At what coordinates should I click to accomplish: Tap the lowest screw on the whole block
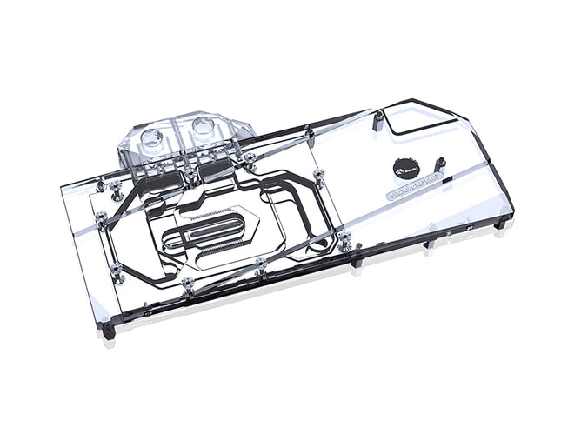coord(189,283)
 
